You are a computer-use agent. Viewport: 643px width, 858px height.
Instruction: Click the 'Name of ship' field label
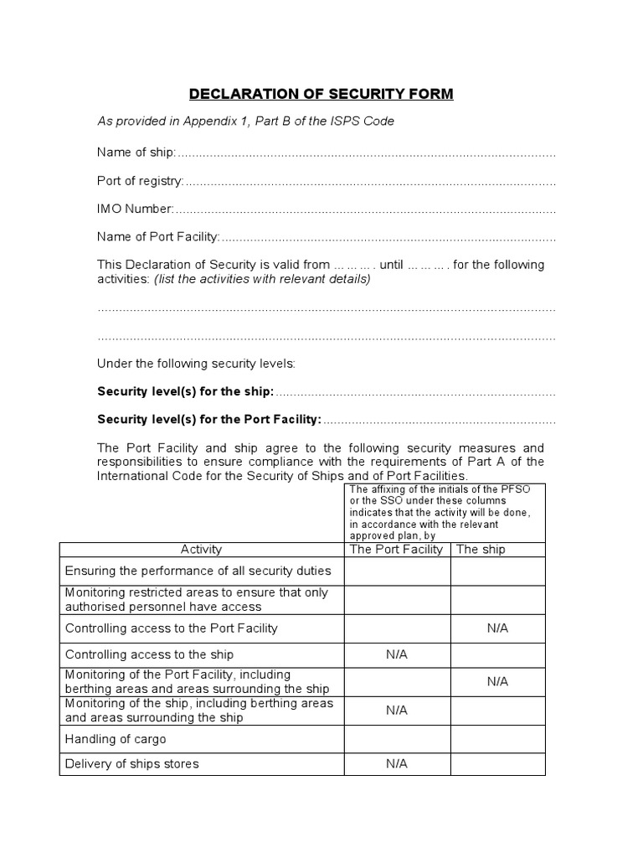[136, 152]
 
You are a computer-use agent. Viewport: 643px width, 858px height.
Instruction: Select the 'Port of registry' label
[140, 181]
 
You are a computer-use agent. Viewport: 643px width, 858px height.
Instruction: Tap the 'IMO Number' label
[136, 209]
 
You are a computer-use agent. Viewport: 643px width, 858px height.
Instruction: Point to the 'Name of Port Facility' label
[158, 237]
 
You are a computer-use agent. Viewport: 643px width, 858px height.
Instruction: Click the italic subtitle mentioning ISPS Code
[245, 121]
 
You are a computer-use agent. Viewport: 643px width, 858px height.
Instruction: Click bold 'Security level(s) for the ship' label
[186, 392]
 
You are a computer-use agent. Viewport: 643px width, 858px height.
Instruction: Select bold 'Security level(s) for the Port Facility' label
[209, 419]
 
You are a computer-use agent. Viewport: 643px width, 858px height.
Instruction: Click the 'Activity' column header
[201, 550]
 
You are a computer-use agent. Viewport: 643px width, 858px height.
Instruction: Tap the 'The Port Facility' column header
[397, 550]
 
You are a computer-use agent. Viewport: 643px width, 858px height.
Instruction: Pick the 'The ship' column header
[481, 550]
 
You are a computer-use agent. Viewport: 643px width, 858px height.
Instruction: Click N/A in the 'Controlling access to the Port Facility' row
[497, 628]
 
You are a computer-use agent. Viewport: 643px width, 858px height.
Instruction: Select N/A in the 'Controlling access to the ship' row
[397, 655]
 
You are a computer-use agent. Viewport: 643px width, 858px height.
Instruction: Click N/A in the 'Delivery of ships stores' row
[397, 764]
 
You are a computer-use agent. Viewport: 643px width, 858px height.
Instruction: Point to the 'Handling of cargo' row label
[116, 739]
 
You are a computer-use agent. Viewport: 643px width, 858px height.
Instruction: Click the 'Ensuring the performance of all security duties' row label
[198, 571]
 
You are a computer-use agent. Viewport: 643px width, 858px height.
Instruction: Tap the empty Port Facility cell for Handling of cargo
[397, 739]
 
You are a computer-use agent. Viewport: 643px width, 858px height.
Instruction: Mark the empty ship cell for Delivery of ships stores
[497, 764]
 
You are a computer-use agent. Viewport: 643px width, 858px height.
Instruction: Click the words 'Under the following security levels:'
[196, 364]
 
